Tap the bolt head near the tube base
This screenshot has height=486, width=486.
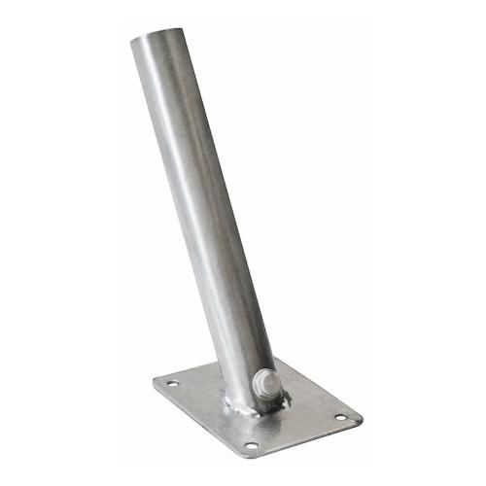(269, 383)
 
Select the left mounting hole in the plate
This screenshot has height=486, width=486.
(173, 385)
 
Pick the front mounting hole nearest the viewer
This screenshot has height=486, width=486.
(251, 445)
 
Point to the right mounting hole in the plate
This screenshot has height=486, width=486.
(341, 417)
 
